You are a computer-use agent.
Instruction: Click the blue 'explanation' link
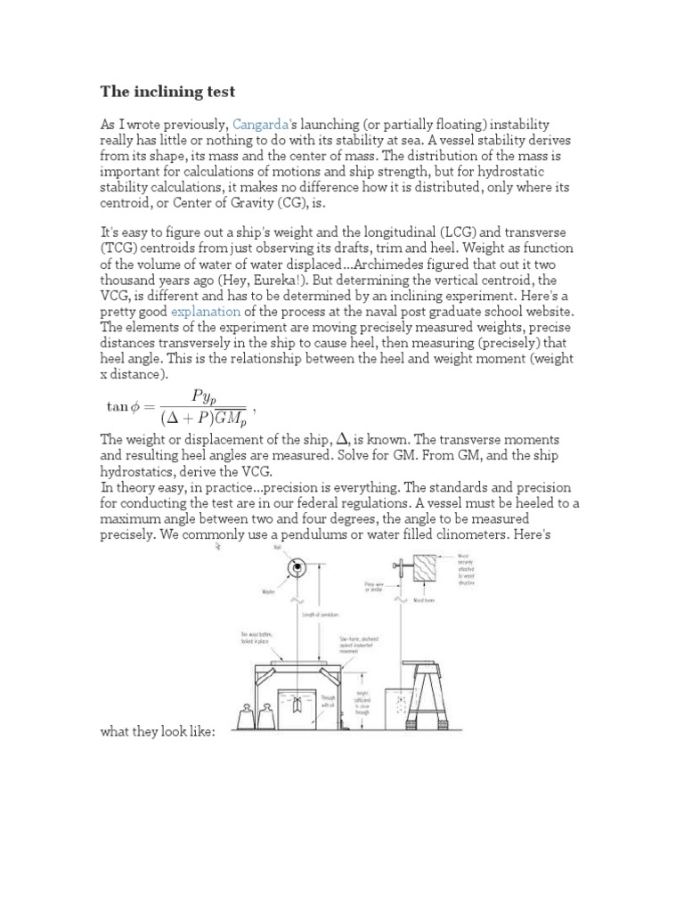205,311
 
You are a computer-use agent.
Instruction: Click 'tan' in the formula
118,406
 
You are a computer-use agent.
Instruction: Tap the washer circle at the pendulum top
294,568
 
